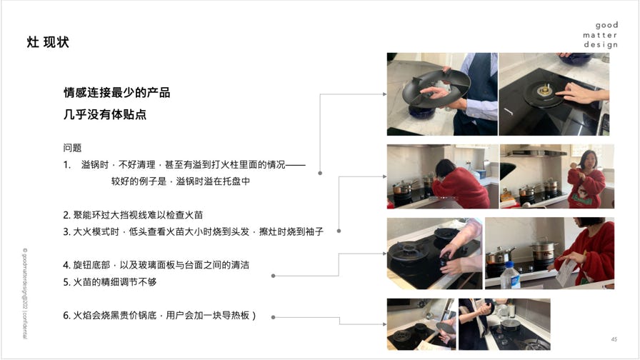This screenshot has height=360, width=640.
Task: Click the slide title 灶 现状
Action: tap(48, 42)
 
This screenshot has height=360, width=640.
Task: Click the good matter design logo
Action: tap(600, 35)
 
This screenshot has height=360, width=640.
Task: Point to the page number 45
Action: tap(614, 339)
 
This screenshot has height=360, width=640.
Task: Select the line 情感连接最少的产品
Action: tap(116, 93)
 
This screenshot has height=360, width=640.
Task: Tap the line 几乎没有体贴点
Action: tap(105, 114)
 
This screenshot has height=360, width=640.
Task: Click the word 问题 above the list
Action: tap(72, 148)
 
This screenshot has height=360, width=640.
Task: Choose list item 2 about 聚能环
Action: tap(133, 215)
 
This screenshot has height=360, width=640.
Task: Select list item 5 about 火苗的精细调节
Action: tap(110, 282)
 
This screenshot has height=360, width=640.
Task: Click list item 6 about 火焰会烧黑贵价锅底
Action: tap(159, 316)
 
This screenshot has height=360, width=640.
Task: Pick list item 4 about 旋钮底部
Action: tap(156, 265)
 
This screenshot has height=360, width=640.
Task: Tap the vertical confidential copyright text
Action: tap(24, 293)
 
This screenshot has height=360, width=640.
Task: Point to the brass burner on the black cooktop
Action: tap(544, 91)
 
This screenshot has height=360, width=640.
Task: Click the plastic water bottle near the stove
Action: tap(510, 276)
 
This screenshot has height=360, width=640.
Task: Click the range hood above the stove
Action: tap(536, 153)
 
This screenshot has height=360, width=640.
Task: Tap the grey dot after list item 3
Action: tap(339, 231)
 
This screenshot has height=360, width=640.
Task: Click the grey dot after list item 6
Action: tap(273, 317)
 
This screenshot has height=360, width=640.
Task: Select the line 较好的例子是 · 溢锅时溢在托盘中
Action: tap(181, 181)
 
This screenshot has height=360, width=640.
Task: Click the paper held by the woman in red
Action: tap(567, 272)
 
